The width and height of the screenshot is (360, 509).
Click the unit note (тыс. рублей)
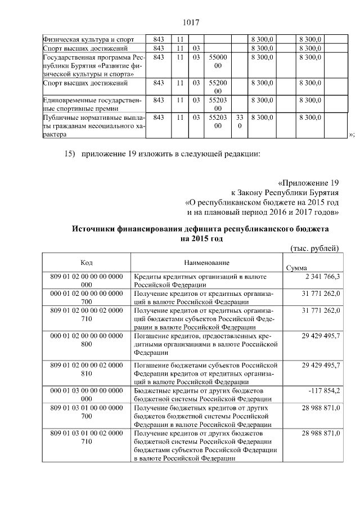[x=314, y=248]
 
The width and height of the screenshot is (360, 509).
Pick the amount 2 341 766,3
[x=321, y=277]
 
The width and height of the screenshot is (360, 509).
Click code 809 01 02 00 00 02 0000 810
[x=86, y=370]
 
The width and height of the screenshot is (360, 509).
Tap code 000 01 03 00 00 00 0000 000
[x=86, y=394]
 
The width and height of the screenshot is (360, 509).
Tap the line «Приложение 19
[x=309, y=183]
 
